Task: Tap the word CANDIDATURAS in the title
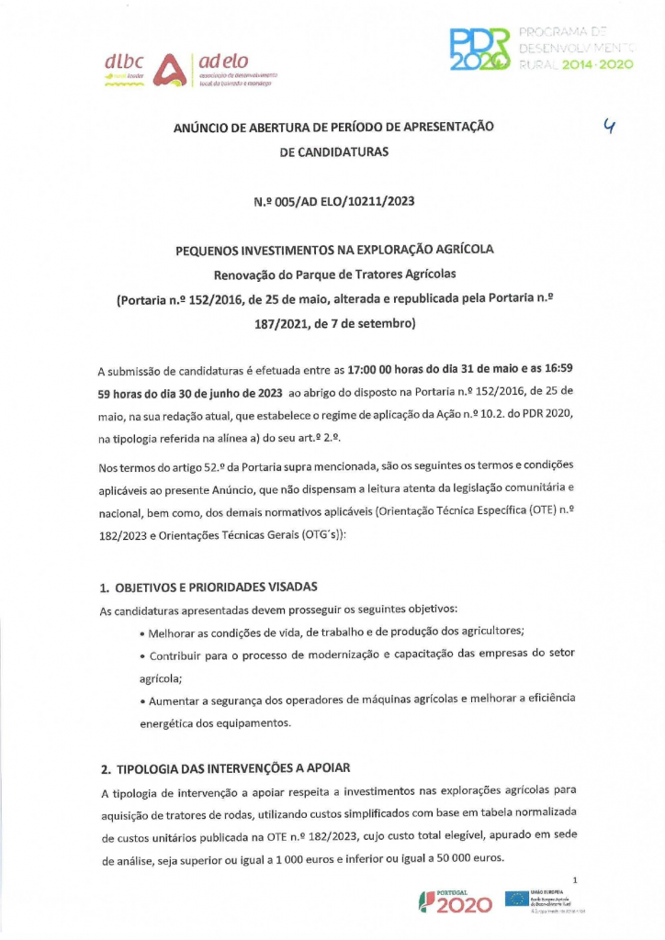pyautogui.click(x=334, y=151)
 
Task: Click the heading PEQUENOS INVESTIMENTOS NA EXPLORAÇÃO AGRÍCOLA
pyautogui.click(x=334, y=250)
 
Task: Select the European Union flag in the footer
pyautogui.click(x=516, y=899)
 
